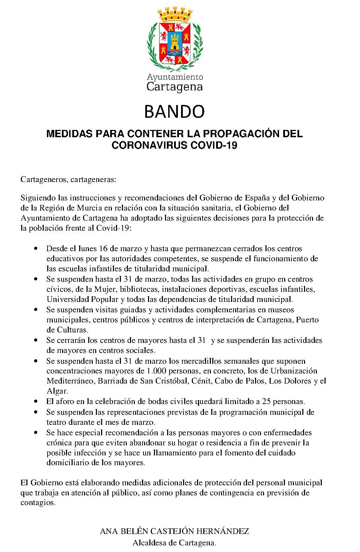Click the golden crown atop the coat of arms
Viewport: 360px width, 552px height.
pyautogui.click(x=175, y=15)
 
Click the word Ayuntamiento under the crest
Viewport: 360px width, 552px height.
pyautogui.click(x=175, y=77)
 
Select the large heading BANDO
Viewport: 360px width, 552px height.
pyautogui.click(x=174, y=112)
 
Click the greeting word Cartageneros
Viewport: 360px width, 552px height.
pyautogui.click(x=43, y=180)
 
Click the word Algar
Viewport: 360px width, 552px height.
pyautogui.click(x=57, y=391)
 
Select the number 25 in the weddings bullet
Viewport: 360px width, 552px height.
pyautogui.click(x=266, y=402)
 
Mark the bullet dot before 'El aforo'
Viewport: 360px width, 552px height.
pyautogui.click(x=36, y=402)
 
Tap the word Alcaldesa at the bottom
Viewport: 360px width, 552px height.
pyautogui.click(x=149, y=543)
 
